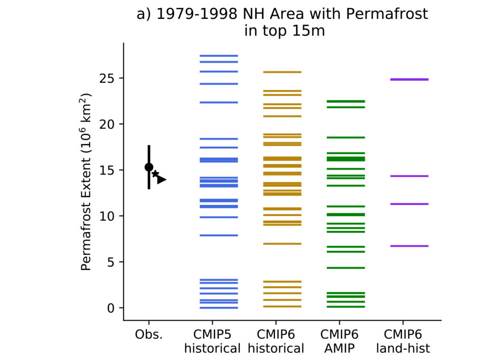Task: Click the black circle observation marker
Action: click(x=149, y=167)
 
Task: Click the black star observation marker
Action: click(x=156, y=173)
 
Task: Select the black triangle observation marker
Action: click(x=161, y=180)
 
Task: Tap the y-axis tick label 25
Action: click(x=107, y=79)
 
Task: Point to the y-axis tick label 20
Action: click(x=107, y=124)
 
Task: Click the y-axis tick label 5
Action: click(x=111, y=262)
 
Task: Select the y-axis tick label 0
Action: click(x=111, y=308)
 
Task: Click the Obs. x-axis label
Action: click(x=149, y=334)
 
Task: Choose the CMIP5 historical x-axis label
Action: click(x=212, y=341)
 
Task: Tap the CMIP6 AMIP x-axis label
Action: click(x=339, y=341)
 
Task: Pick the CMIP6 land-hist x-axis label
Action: click(x=403, y=341)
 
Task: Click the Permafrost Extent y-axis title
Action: click(x=86, y=182)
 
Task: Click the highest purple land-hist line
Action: click(x=409, y=80)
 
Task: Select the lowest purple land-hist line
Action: click(x=409, y=246)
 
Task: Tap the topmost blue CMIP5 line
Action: click(x=219, y=56)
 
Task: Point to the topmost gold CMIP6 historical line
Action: click(x=282, y=72)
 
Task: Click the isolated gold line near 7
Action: click(x=282, y=244)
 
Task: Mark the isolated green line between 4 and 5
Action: click(x=346, y=268)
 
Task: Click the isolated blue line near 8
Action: click(x=219, y=235)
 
